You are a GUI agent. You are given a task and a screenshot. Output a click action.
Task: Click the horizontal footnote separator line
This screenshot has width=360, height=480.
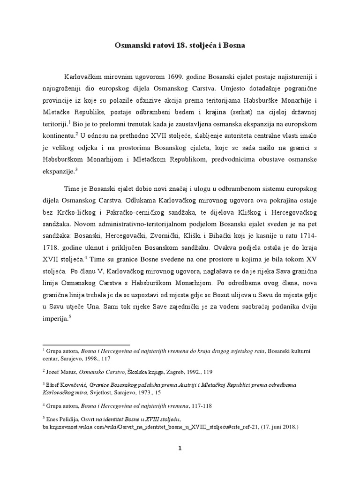86,344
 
